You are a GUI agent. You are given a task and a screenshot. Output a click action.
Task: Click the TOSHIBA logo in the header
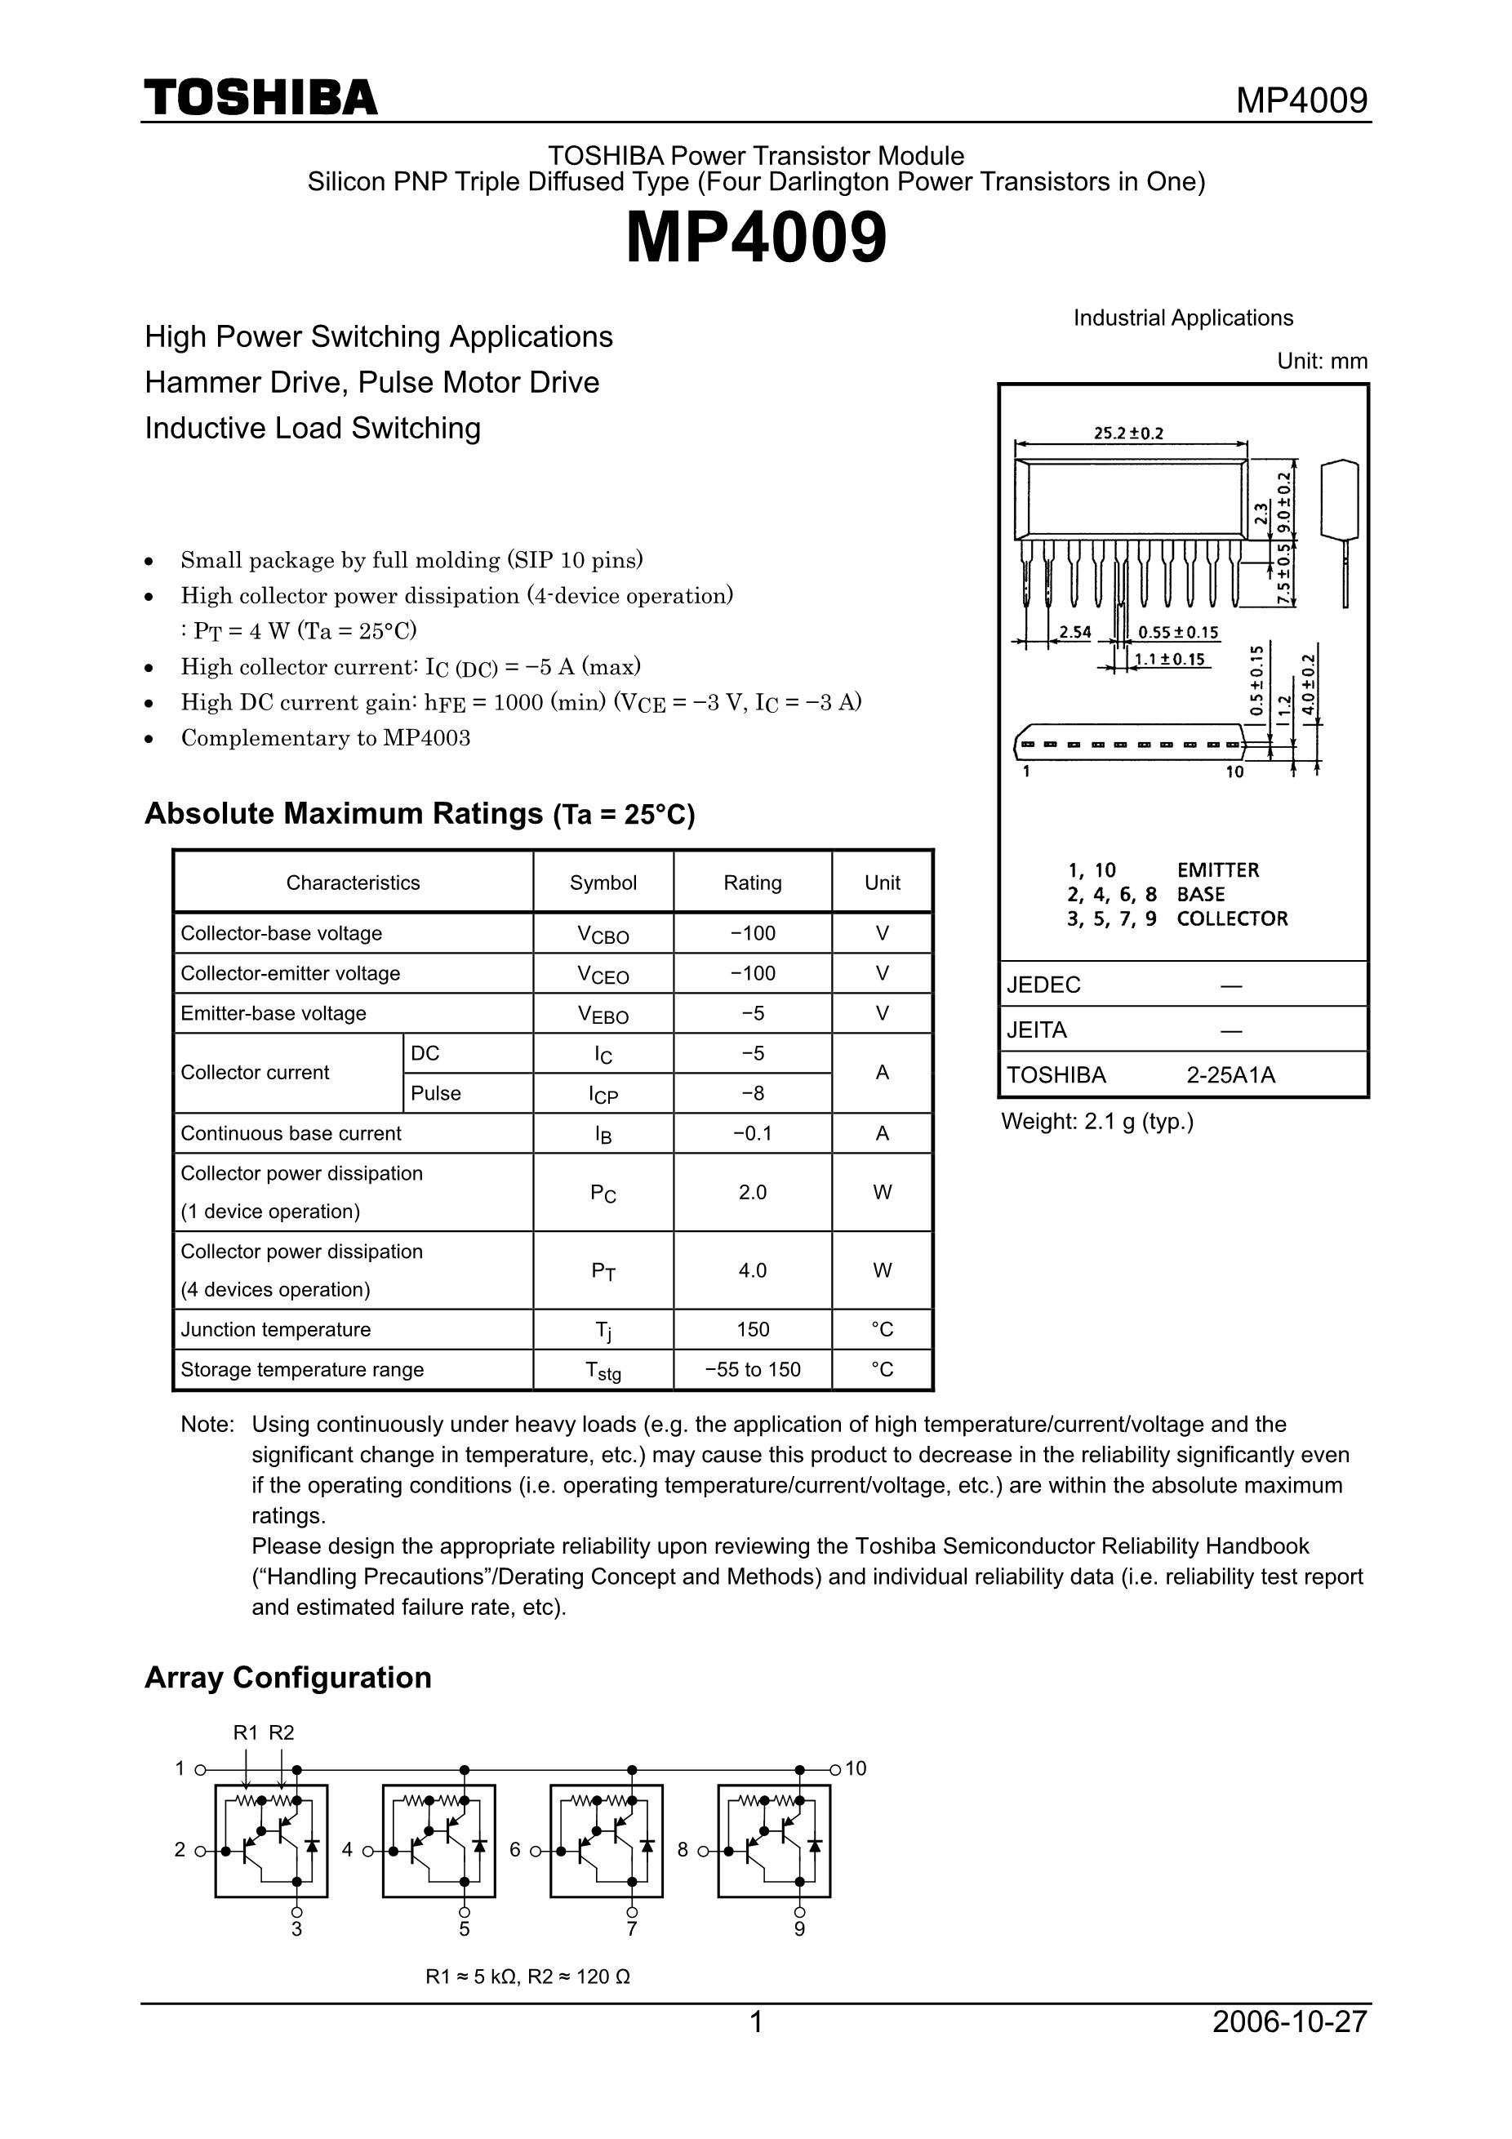point(261,98)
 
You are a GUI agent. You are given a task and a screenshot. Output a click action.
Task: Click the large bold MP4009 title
point(755,238)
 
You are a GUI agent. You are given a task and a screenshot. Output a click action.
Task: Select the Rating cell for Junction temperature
point(753,1329)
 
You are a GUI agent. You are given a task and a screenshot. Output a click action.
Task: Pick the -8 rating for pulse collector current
point(753,1093)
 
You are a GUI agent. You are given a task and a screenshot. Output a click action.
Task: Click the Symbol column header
point(603,883)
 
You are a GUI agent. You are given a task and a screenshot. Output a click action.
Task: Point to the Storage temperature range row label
point(302,1369)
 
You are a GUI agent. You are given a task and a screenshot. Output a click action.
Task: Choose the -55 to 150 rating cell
point(753,1369)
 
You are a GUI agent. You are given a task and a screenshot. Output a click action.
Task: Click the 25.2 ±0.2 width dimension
point(1128,434)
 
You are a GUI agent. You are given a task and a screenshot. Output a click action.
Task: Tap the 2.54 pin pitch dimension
point(1075,632)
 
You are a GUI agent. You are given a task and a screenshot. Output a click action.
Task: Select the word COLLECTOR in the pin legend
point(1232,918)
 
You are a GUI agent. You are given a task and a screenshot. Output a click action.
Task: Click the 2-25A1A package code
point(1230,1075)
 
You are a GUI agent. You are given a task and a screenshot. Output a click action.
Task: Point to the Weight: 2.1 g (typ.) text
point(1096,1122)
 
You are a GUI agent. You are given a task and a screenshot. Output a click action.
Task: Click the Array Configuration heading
point(288,1678)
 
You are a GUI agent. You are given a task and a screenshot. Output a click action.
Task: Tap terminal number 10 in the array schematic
point(856,1768)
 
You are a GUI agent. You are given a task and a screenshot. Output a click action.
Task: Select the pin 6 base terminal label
point(515,1850)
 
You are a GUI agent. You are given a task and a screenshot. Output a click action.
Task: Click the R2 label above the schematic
point(282,1732)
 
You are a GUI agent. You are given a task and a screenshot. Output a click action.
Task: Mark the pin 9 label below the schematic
point(799,1929)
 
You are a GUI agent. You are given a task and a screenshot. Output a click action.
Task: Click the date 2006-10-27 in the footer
point(1289,2021)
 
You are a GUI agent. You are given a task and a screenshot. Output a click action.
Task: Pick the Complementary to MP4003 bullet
point(325,738)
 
